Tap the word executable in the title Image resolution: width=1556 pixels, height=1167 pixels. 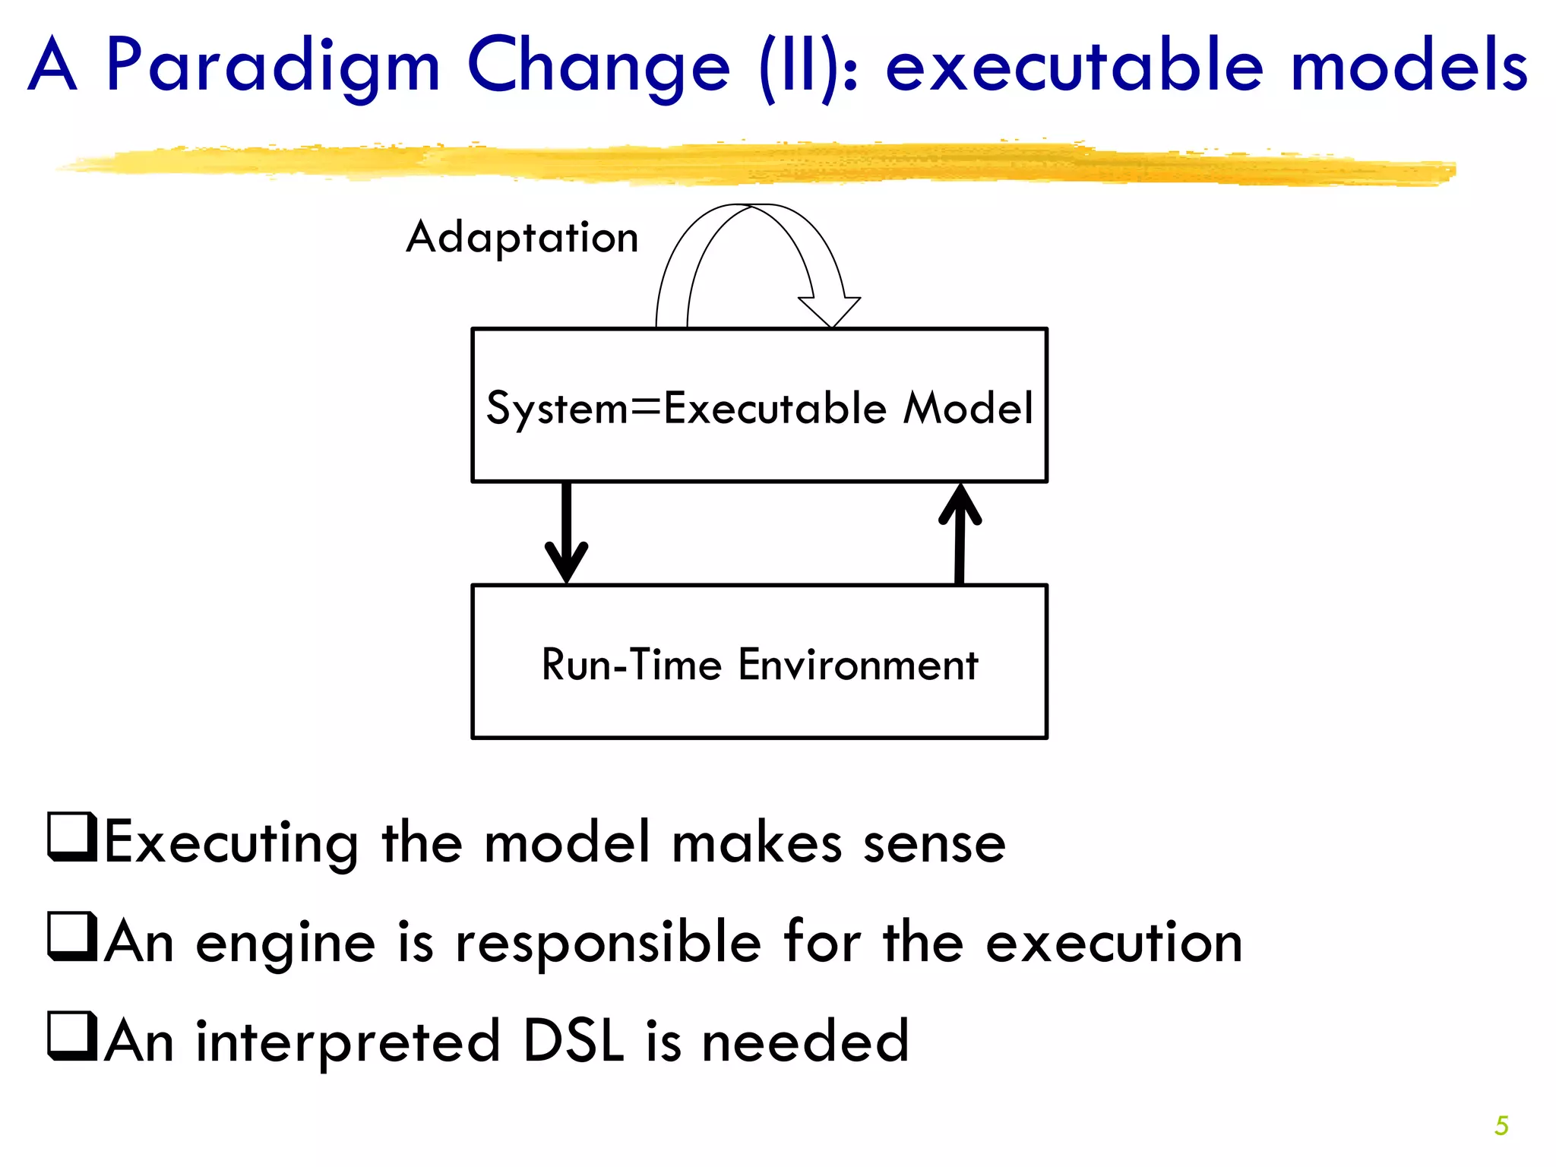pyautogui.click(x=1075, y=67)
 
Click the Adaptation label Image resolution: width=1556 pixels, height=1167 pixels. pyautogui.click(x=522, y=238)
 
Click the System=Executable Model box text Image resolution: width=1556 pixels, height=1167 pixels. pyautogui.click(x=759, y=408)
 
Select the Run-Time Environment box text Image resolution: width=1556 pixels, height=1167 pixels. pyautogui.click(x=759, y=665)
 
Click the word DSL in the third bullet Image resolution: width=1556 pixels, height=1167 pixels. pyautogui.click(x=574, y=1041)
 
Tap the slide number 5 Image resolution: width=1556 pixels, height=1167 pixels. pyautogui.click(x=1501, y=1125)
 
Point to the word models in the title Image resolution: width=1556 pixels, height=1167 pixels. pyautogui.click(x=1409, y=67)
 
